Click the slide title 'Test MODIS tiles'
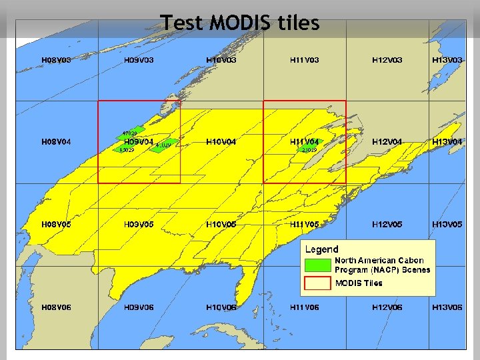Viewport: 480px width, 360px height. [x=240, y=23]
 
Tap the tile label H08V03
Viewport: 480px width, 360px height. [x=56, y=60]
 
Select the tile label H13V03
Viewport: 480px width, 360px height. [x=447, y=60]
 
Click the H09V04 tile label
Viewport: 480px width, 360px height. [x=139, y=142]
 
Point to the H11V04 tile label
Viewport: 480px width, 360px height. [x=304, y=142]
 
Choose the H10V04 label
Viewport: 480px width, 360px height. [x=221, y=142]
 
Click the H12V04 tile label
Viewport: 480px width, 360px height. [x=387, y=142]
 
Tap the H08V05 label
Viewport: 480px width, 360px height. [x=56, y=225]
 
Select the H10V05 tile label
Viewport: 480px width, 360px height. [x=221, y=225]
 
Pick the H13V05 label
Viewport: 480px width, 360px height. [x=447, y=225]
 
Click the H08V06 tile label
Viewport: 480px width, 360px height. [x=56, y=307]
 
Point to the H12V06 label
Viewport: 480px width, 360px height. [x=387, y=307]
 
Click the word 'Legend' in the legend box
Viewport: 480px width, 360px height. [x=321, y=249]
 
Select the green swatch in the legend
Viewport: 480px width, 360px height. [x=317, y=265]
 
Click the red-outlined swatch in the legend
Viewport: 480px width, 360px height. [x=317, y=283]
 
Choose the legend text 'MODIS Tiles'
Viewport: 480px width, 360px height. [x=359, y=283]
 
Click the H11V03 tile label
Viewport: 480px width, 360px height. [x=304, y=60]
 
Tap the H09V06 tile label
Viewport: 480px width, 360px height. [x=139, y=307]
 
